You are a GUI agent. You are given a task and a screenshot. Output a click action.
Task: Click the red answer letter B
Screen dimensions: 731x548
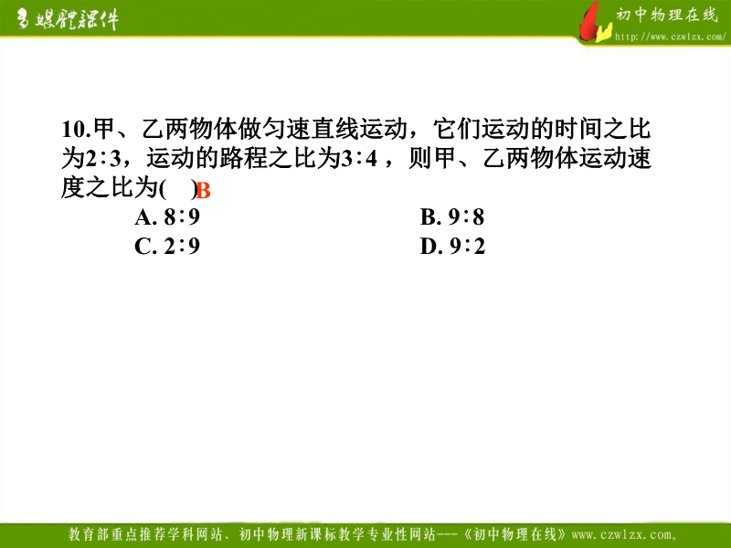[203, 191]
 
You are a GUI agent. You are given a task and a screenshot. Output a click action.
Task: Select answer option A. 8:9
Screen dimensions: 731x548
[167, 216]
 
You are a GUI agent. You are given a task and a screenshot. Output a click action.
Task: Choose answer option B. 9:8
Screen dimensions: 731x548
[452, 216]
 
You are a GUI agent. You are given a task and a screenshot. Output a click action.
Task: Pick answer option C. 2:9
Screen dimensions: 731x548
[167, 246]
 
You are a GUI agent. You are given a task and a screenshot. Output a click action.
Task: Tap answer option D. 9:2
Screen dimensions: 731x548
[452, 246]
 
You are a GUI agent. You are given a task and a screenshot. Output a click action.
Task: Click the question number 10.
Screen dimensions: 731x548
[76, 129]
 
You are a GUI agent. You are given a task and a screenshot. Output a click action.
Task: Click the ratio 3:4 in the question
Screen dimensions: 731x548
[359, 158]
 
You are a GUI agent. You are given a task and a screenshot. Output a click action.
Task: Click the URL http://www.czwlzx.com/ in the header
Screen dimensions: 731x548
[671, 37]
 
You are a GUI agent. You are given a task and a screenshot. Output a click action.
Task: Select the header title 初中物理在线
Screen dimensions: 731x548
[667, 15]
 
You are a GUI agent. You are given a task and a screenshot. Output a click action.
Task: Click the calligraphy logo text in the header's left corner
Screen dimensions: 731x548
[68, 19]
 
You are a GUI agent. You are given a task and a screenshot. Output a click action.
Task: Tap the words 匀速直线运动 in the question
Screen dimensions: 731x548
[334, 129]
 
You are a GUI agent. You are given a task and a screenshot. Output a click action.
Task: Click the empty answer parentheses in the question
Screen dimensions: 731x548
[178, 189]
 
